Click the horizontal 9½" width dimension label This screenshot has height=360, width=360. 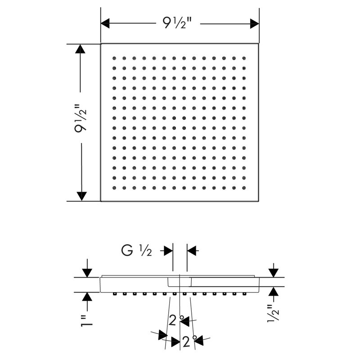point(177,23)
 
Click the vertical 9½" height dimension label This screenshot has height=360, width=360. point(81,118)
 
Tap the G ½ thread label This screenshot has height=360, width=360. point(136,251)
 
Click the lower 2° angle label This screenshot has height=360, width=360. point(189,342)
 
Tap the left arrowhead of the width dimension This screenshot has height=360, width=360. point(105,23)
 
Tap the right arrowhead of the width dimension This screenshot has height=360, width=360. point(254,23)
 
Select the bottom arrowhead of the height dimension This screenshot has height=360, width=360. point(81,196)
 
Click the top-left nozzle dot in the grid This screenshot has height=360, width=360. point(114,58)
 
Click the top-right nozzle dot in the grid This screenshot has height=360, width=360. point(244,58)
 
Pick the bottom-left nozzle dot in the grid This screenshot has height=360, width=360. point(114,188)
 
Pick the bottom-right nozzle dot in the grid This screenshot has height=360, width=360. point(244,188)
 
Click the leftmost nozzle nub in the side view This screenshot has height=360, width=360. point(114,294)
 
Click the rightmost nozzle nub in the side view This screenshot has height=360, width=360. point(244,294)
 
